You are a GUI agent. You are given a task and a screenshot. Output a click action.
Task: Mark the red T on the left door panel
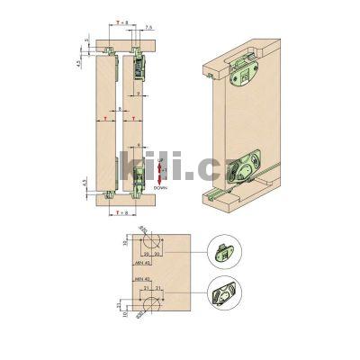pos(107,118)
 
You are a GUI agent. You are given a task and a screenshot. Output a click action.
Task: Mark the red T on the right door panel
pos(132,118)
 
